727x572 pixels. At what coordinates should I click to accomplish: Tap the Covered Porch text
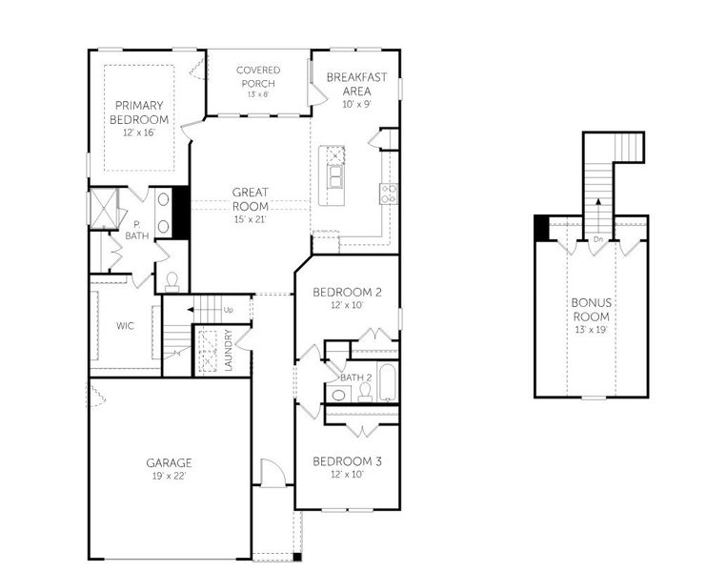[257, 75]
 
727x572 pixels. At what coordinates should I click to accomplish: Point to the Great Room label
[250, 198]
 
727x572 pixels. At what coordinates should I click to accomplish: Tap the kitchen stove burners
[389, 194]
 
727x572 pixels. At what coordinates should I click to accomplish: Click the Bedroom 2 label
[348, 293]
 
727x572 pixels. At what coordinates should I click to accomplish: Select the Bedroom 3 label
[348, 461]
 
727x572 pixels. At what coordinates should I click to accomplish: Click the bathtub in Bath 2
[387, 384]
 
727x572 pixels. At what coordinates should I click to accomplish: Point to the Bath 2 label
[354, 378]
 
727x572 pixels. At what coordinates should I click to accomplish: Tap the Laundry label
[229, 350]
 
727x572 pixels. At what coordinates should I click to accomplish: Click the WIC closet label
[125, 325]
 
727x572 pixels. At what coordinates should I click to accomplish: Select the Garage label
[169, 462]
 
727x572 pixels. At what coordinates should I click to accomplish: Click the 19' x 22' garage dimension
[169, 475]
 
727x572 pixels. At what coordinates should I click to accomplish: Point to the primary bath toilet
[172, 280]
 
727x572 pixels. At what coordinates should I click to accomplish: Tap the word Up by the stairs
[228, 310]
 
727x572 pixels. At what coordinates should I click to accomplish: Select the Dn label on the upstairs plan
[596, 238]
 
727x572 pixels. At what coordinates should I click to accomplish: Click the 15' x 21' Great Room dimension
[250, 219]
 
